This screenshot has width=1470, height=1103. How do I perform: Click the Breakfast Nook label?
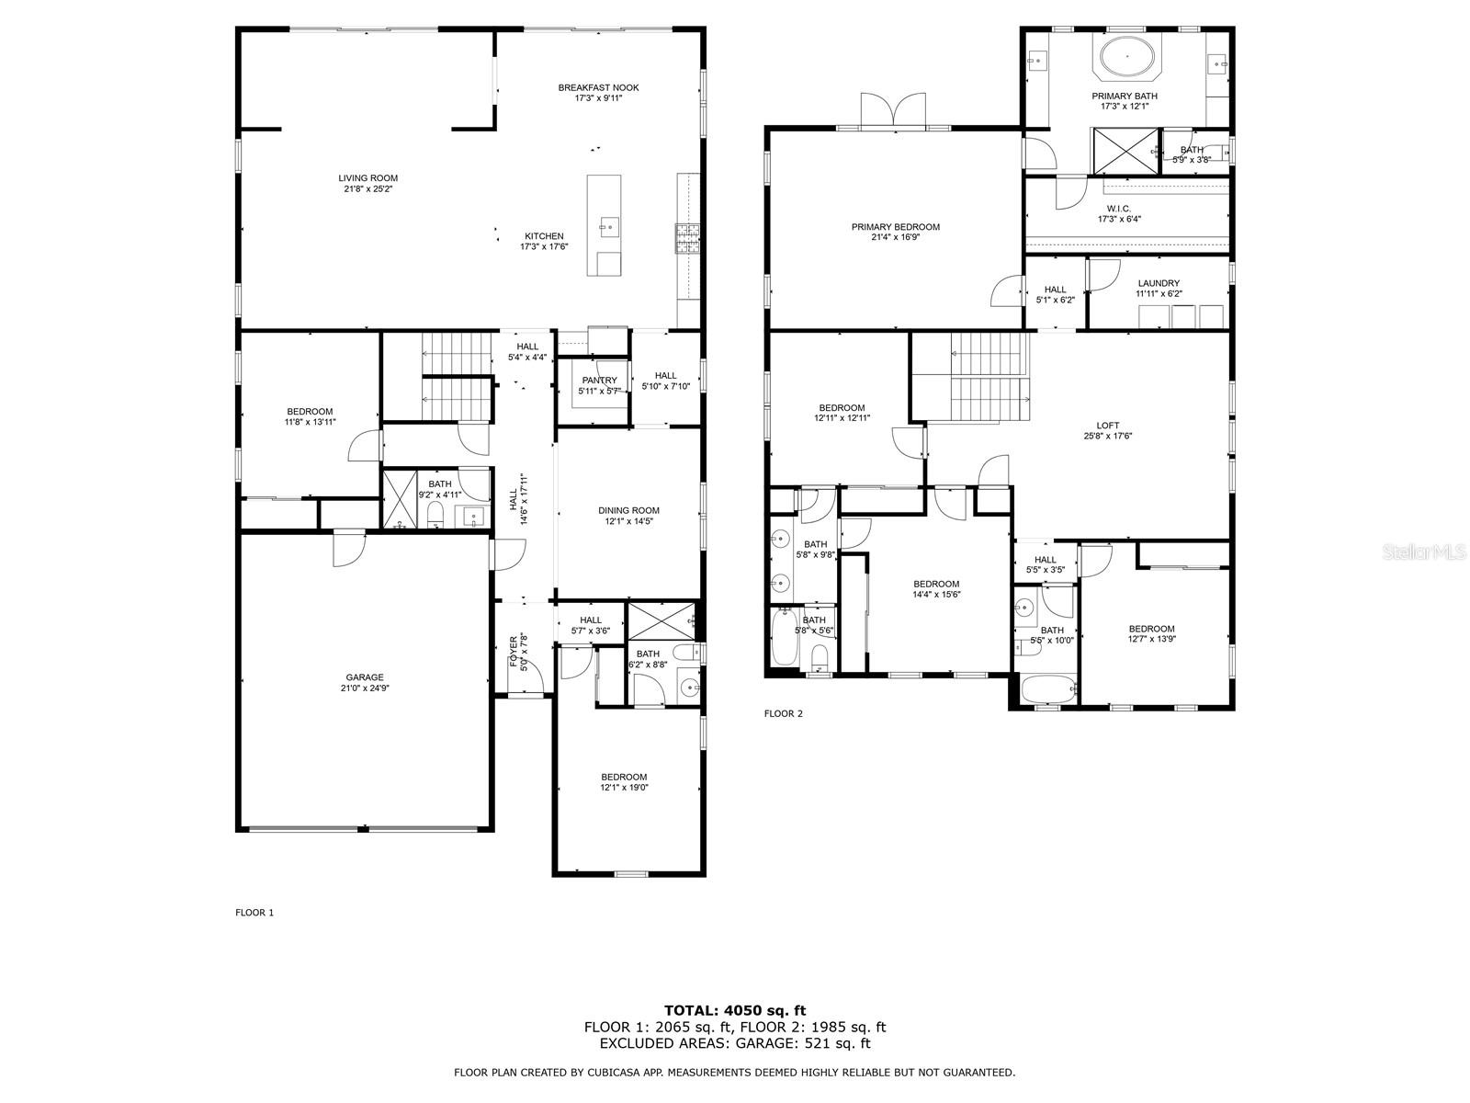coord(598,87)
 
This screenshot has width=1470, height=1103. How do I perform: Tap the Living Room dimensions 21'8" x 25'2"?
coord(367,188)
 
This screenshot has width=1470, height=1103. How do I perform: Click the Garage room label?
coord(365,677)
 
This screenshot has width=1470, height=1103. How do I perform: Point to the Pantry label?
coord(599,381)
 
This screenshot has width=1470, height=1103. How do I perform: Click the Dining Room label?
coord(628,510)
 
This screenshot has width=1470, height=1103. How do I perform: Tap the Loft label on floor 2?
coord(1108,426)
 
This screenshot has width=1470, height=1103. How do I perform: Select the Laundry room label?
coord(1159,283)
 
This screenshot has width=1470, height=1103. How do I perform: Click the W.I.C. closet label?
coord(1118,209)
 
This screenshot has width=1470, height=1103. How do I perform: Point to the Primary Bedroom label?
coord(896,227)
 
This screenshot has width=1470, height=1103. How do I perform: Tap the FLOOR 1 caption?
coord(254,912)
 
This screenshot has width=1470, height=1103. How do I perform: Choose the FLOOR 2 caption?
coord(783,713)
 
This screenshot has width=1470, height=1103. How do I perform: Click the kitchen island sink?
coord(609,227)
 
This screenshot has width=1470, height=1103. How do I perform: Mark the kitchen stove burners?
coord(688,238)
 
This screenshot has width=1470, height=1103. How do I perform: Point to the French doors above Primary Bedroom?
coord(893,110)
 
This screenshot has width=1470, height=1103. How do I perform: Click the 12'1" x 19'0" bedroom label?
coord(624,782)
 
